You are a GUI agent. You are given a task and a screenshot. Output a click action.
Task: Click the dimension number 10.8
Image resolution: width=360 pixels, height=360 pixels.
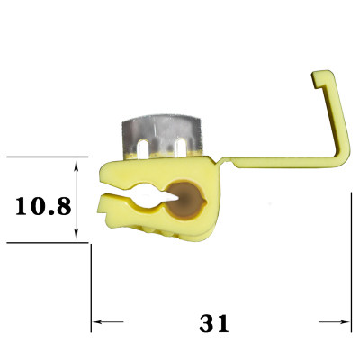point(43,206)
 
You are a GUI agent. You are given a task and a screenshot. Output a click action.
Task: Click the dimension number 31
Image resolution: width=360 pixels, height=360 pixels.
point(214,322)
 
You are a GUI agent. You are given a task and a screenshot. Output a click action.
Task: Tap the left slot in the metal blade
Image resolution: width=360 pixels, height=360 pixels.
point(142,148)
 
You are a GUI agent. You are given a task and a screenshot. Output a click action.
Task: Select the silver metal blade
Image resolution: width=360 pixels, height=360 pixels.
point(162,136)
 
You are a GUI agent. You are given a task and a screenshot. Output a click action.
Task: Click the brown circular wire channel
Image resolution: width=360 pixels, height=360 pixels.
point(185,200)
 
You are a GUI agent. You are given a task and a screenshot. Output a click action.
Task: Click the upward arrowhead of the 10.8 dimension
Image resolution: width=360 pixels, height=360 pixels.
point(76,166)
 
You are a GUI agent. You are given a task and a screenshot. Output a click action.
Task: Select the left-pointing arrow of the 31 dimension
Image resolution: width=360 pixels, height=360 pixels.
point(108,322)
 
